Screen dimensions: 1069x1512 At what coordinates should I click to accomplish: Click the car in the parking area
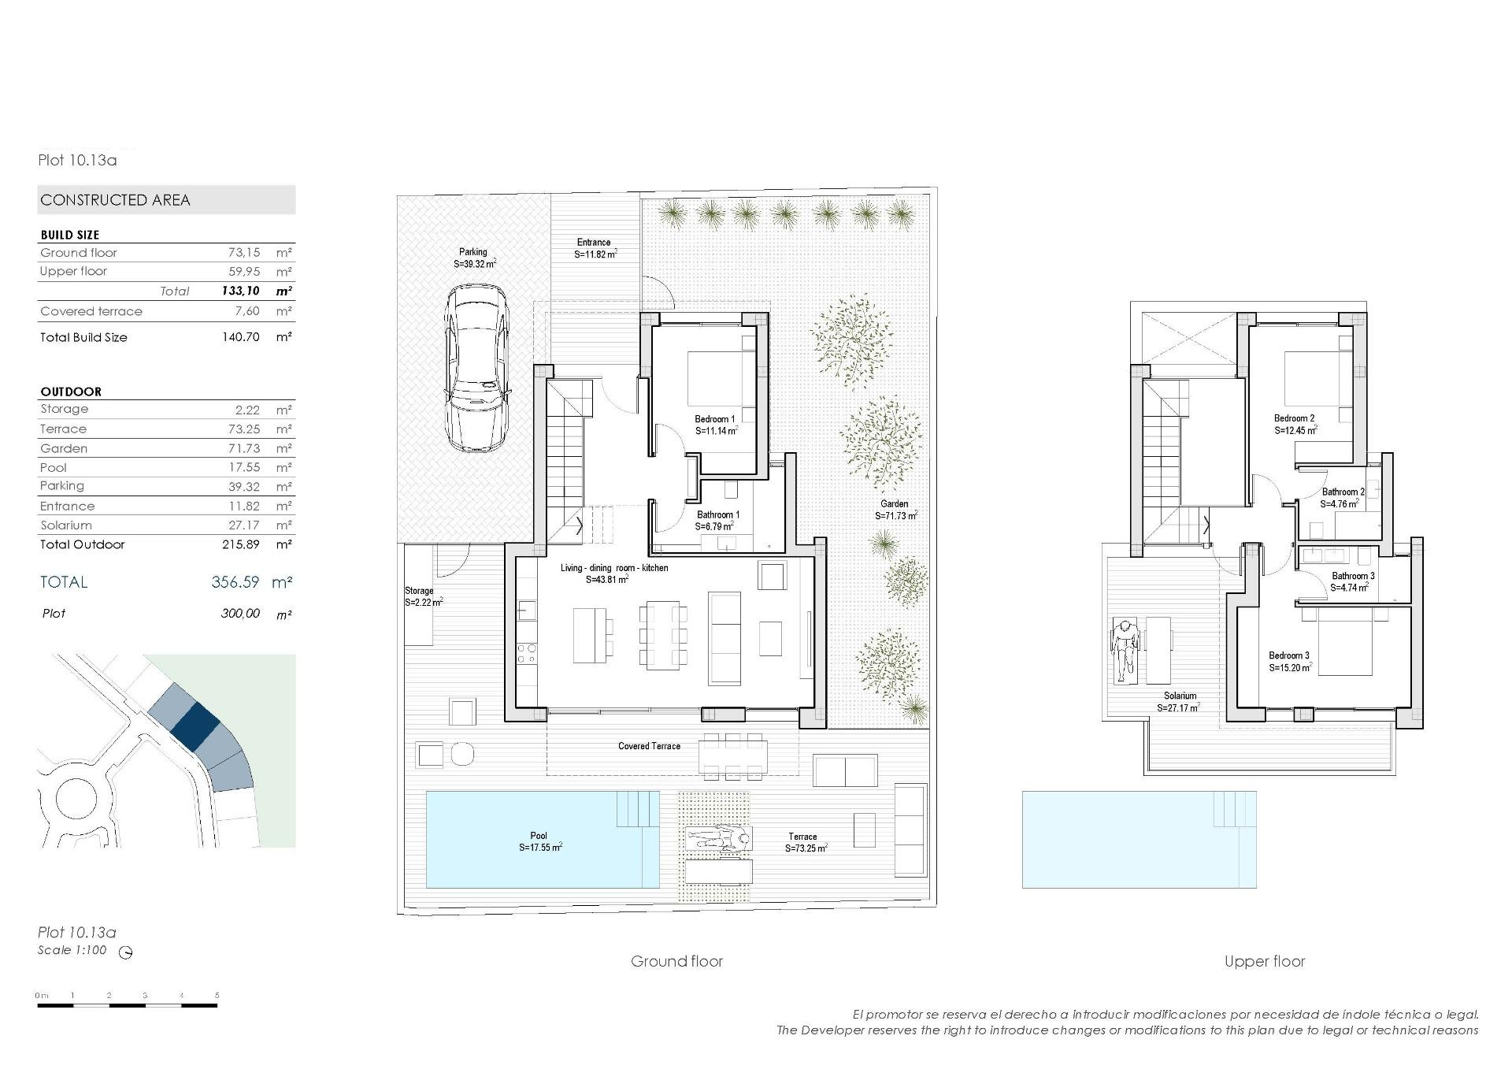point(476,368)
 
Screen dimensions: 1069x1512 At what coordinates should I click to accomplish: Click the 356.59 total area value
point(235,582)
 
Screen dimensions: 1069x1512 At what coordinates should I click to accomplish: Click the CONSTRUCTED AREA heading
point(116,200)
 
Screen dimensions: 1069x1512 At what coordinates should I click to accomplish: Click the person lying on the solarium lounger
point(1125,650)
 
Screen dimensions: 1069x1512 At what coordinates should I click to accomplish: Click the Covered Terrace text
point(649,746)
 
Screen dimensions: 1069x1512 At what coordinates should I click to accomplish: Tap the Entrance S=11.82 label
point(595,248)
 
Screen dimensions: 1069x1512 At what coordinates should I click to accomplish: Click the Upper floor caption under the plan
point(1264,961)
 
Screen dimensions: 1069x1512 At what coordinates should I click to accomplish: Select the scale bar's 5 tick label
point(217,996)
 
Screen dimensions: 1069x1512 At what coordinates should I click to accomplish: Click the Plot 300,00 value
point(240,614)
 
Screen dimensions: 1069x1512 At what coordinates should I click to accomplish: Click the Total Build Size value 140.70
point(240,337)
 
